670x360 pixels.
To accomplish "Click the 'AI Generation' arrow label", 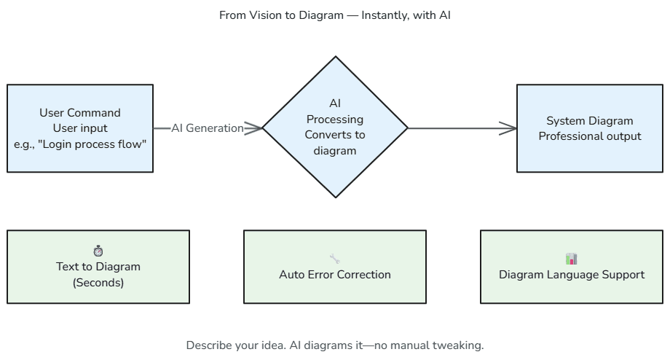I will (208, 128).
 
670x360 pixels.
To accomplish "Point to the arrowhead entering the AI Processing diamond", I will (255, 128).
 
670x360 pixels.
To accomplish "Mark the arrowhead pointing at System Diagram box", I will (510, 128).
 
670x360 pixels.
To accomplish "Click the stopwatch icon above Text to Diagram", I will (98, 251).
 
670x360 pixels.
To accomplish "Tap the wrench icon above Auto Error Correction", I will (335, 259).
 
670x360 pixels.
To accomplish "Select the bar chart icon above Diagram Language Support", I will (571, 259).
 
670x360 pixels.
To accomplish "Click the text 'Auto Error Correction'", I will (335, 275).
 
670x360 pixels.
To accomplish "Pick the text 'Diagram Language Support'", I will (572, 275).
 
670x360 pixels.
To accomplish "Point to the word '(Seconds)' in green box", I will (98, 282).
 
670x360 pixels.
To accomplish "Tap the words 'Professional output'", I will (590, 136).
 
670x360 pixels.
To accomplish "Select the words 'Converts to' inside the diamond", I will (335, 135).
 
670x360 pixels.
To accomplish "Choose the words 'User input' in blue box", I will (80, 128).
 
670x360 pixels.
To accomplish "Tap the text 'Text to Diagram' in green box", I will (98, 267).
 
